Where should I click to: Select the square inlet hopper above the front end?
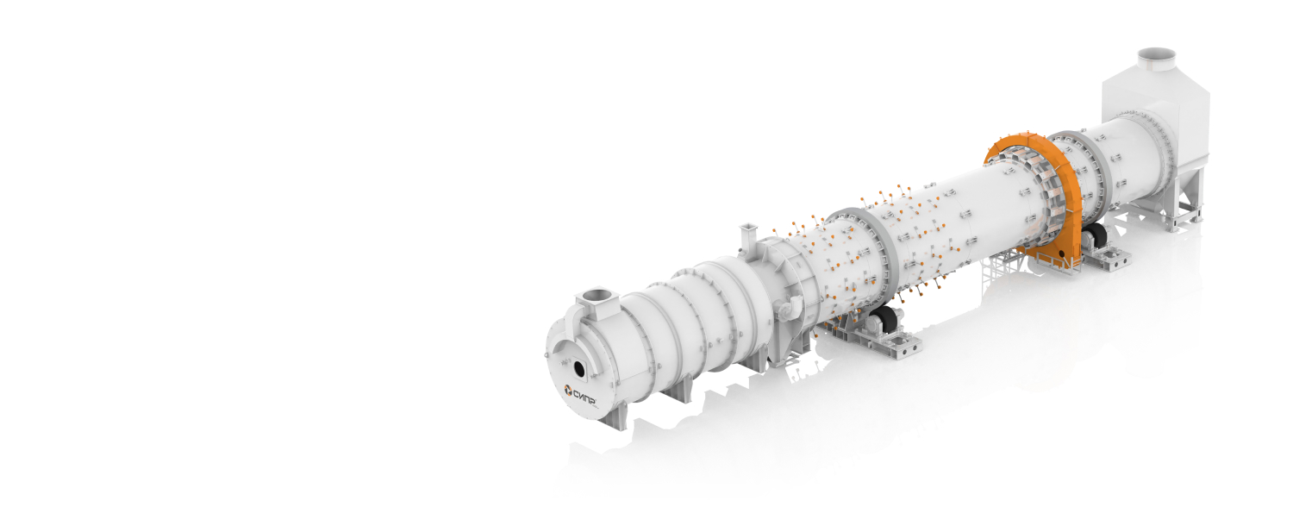click(597, 302)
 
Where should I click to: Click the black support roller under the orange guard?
click(1092, 238)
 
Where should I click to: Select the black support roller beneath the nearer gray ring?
click(884, 320)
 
